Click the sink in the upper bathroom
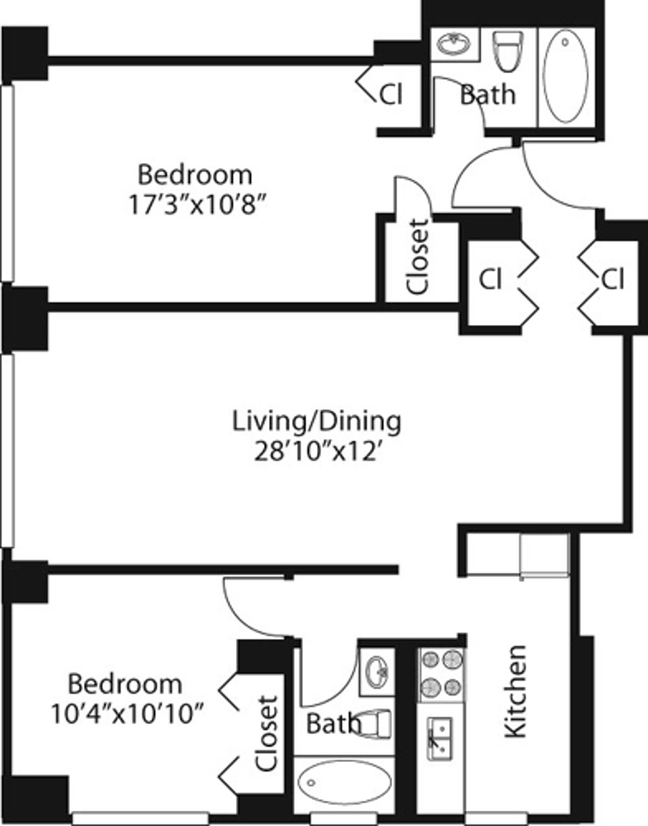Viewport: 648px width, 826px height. pyautogui.click(x=454, y=44)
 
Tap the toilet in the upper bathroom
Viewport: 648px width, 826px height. pyautogui.click(x=508, y=51)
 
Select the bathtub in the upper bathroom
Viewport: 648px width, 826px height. pyautogui.click(x=566, y=77)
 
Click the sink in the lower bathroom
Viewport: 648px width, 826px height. pyautogui.click(x=376, y=672)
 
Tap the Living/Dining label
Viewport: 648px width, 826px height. pyautogui.click(x=316, y=422)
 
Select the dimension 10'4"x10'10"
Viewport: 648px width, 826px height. pyautogui.click(x=127, y=714)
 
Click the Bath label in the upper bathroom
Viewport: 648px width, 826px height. pyautogui.click(x=488, y=94)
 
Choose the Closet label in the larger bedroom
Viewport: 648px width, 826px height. pyautogui.click(x=417, y=256)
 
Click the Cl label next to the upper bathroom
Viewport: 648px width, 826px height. pyautogui.click(x=391, y=94)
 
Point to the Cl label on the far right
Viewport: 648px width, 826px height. pyautogui.click(x=613, y=280)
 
